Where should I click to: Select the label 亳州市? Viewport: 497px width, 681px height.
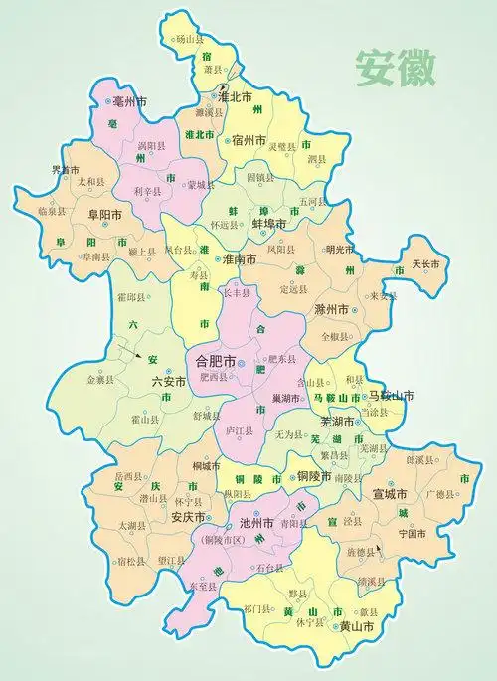130,101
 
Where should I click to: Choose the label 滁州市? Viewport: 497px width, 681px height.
333,310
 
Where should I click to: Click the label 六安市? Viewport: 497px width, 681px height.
169,381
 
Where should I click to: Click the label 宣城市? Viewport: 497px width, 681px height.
391,492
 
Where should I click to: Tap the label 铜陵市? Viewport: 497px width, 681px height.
315,476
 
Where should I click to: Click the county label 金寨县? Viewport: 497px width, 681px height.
101,380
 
